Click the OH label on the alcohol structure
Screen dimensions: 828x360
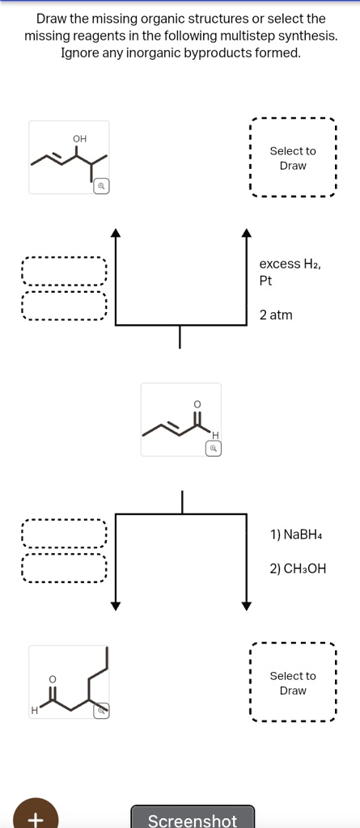pos(79,139)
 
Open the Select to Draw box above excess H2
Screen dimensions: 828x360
pos(293,158)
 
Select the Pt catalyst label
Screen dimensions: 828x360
pos(266,281)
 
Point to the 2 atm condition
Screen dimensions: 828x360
pos(276,315)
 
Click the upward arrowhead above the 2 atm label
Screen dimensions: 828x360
pos(247,235)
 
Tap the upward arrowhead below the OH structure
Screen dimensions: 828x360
pos(116,235)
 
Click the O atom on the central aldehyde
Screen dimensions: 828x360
pos(195,403)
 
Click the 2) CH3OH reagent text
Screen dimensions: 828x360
pos(299,568)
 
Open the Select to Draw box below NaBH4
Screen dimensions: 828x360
pos(293,683)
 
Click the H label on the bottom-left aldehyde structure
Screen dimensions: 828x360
pos(35,710)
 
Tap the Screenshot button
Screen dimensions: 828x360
pos(193,819)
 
